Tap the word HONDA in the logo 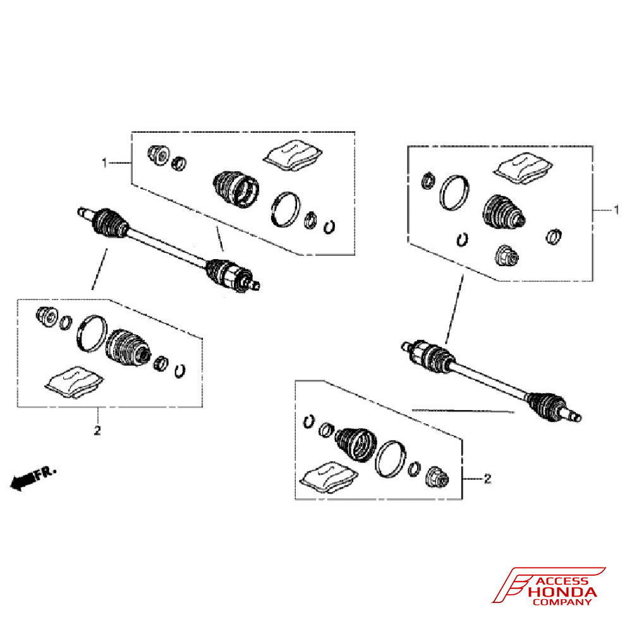tap(562, 592)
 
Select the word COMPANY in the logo tap(562, 602)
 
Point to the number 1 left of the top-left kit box tap(104, 163)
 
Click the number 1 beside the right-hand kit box tap(616, 210)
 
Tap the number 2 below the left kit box tap(97, 430)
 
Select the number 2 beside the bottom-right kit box tap(488, 479)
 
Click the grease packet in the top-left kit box tap(293, 155)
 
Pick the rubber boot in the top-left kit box tap(236, 190)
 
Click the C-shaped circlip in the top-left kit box tap(329, 227)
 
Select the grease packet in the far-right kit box tap(523, 169)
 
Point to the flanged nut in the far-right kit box tap(507, 256)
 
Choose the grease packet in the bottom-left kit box tap(74, 382)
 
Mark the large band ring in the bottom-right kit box tap(390, 459)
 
